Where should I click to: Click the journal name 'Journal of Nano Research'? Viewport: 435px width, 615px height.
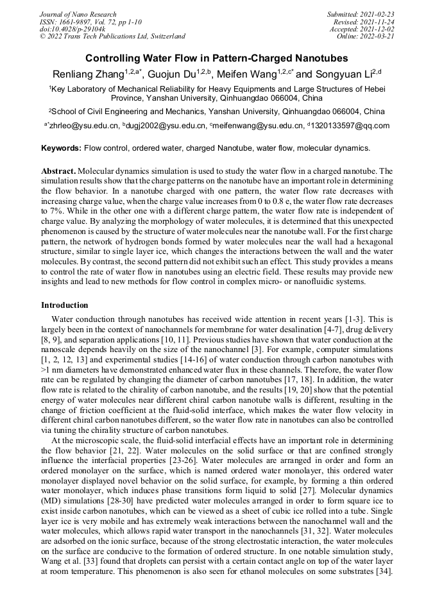coord(78,14)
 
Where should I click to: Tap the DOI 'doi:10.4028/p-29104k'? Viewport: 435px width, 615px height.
coord(72,29)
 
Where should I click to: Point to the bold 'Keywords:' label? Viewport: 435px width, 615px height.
coord(61,148)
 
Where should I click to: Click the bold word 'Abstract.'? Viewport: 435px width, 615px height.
coord(58,171)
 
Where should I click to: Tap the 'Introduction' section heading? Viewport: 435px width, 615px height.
coord(65,305)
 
